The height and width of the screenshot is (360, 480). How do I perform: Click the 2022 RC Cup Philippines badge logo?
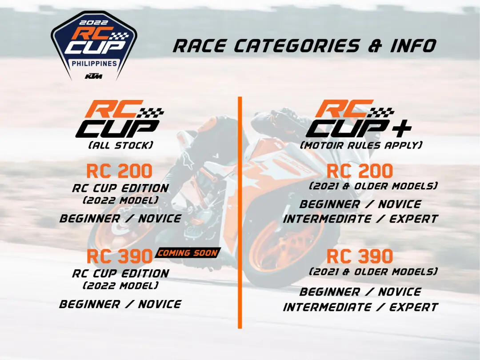coord(94,46)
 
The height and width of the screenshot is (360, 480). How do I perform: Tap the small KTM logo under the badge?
coord(94,76)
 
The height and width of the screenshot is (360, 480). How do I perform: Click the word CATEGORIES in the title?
coord(296,46)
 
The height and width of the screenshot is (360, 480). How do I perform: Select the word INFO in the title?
coord(413,46)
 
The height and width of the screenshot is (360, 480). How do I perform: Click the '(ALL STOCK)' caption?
coord(120,145)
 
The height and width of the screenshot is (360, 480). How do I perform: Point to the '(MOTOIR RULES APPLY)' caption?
coord(361,145)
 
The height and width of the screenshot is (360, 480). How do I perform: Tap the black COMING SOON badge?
coord(188,253)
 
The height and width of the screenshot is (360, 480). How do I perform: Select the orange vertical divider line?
coord(240,213)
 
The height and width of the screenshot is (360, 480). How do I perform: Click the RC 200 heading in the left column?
coord(120,171)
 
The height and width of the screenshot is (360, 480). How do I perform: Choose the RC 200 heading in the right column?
coord(360,171)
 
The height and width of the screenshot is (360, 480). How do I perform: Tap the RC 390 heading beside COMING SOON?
coord(120,256)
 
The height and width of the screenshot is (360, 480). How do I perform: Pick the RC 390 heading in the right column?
coord(360,256)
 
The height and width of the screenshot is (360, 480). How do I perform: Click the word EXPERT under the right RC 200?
coord(414,219)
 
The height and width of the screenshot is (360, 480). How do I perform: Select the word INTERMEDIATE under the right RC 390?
coord(327,307)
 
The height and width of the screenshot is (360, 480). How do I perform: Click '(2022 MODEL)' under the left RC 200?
coord(120,200)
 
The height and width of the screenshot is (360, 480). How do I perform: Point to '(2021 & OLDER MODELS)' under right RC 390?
coord(373,272)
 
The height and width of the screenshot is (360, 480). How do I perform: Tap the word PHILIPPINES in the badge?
coord(94,64)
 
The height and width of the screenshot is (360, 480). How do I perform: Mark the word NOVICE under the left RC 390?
coord(160,304)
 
